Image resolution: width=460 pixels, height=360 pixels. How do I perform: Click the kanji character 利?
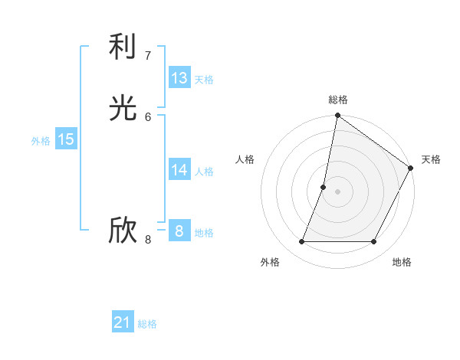click(x=123, y=48)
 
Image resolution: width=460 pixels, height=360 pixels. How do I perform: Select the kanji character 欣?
click(x=123, y=231)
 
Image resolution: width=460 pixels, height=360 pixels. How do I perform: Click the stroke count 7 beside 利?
click(x=148, y=55)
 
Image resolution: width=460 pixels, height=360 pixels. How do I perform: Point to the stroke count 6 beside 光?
click(x=148, y=116)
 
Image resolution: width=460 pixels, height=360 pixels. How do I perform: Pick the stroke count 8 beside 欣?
click(x=148, y=239)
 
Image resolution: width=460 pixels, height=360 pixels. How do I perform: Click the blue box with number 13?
click(x=179, y=78)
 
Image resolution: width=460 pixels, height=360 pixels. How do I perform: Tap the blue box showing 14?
click(x=179, y=170)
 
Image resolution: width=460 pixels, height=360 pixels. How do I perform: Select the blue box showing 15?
click(x=66, y=139)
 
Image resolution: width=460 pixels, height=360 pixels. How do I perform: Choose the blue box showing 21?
click(x=123, y=322)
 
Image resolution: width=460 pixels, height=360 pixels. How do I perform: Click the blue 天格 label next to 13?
click(x=204, y=80)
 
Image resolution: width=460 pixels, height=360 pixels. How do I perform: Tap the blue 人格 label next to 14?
click(x=204, y=172)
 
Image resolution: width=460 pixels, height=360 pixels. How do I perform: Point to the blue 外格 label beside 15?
click(x=41, y=141)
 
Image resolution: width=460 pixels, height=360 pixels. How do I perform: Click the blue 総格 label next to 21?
click(x=147, y=324)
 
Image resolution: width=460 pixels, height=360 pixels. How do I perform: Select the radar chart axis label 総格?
click(x=338, y=100)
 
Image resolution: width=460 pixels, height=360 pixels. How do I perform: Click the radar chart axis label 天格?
click(x=431, y=159)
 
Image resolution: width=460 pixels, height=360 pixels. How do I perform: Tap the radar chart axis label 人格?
click(x=245, y=159)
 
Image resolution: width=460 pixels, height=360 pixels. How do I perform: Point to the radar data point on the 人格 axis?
click(x=324, y=187)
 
